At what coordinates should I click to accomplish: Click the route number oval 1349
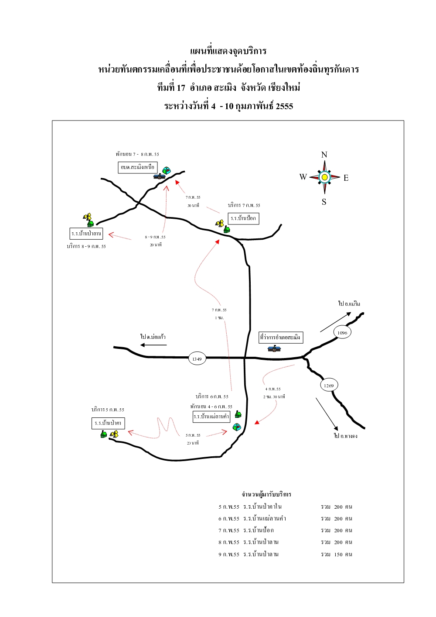click(x=197, y=359)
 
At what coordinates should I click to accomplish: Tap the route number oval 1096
click(x=342, y=333)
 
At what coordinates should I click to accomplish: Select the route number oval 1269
click(x=329, y=386)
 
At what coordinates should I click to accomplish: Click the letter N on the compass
click(x=324, y=155)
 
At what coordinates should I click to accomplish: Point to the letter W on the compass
click(x=303, y=177)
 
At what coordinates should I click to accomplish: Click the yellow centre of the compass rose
click(x=324, y=177)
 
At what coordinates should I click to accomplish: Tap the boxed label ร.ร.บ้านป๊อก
click(x=244, y=218)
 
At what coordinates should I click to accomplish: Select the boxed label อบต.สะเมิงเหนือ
click(x=138, y=167)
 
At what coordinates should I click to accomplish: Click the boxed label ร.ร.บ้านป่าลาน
click(x=86, y=233)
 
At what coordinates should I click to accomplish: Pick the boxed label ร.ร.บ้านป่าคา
click(x=108, y=423)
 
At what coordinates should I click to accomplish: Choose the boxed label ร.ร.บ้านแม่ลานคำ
click(x=211, y=417)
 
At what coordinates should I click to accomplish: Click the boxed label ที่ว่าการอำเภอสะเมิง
click(x=280, y=337)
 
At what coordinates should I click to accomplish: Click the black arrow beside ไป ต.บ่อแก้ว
click(x=153, y=345)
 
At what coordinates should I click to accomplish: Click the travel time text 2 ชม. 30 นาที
click(x=274, y=397)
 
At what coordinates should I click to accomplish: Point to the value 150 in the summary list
click(x=338, y=555)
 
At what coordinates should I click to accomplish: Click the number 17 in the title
click(x=181, y=88)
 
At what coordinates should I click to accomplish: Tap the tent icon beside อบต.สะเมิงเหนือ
click(x=166, y=170)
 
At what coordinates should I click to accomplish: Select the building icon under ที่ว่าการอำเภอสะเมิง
click(x=274, y=348)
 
